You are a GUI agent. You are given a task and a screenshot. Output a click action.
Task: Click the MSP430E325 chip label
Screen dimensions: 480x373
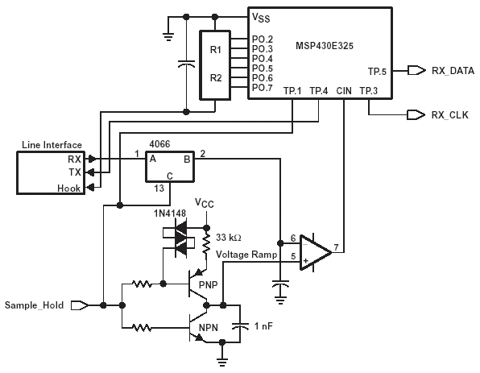pyautogui.click(x=325, y=46)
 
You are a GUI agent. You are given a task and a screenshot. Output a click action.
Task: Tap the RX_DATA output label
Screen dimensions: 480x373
pyautogui.click(x=453, y=71)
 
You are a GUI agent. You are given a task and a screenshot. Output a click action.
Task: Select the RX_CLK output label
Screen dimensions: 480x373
pyautogui.click(x=449, y=115)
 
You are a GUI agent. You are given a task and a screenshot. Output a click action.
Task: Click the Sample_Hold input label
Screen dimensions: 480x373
pyautogui.click(x=35, y=305)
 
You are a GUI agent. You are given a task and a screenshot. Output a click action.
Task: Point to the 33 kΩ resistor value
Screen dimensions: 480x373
pyautogui.click(x=229, y=238)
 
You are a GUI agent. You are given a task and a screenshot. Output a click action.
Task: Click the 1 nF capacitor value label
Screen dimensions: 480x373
pyautogui.click(x=263, y=326)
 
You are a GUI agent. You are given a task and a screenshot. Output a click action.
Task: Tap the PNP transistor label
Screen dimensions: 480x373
pyautogui.click(x=208, y=285)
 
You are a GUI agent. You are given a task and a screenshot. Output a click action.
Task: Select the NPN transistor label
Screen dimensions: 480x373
pyautogui.click(x=209, y=328)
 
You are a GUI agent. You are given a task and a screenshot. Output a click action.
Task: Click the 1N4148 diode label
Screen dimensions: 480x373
pyautogui.click(x=170, y=213)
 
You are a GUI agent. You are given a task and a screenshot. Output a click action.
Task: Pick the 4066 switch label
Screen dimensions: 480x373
pyautogui.click(x=159, y=144)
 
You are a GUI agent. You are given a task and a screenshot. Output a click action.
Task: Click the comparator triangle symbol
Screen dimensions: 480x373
pyautogui.click(x=316, y=253)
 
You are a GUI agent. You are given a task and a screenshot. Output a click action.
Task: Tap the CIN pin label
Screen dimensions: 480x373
pyautogui.click(x=344, y=91)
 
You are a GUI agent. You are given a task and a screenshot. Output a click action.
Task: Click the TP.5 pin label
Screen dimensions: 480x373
pyautogui.click(x=377, y=72)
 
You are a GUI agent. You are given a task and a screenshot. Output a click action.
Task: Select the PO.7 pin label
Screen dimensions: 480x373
pyautogui.click(x=263, y=88)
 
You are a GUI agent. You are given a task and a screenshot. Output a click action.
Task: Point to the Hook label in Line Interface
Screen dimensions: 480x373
pyautogui.click(x=69, y=189)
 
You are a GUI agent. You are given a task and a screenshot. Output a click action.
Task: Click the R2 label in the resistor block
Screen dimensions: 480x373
pyautogui.click(x=216, y=78)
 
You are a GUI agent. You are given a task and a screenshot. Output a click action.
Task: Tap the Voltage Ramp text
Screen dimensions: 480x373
pyautogui.click(x=246, y=255)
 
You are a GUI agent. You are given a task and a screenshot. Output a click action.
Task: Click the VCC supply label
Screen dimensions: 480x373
pyautogui.click(x=205, y=203)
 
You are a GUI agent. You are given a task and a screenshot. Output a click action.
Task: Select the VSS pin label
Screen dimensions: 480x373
pyautogui.click(x=261, y=18)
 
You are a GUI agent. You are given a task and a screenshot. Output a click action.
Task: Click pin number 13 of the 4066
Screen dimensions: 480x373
pyautogui.click(x=159, y=189)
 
